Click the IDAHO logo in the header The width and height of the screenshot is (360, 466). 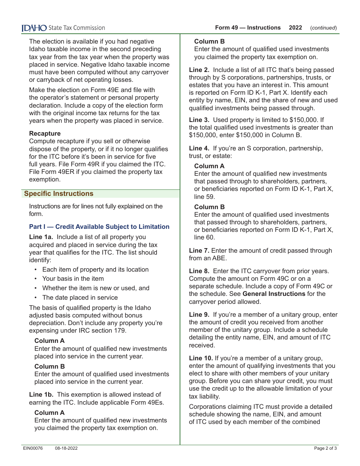(34, 28)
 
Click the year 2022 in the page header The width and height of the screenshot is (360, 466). (295, 28)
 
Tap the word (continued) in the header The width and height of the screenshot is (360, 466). (323, 28)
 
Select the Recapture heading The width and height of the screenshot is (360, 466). (45, 133)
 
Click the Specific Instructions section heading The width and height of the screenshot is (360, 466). (58, 194)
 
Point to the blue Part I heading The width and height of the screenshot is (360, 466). (99, 227)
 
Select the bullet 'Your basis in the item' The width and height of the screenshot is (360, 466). (73, 278)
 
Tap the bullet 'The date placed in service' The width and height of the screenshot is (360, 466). (80, 297)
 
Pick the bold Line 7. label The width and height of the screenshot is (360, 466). (199, 250)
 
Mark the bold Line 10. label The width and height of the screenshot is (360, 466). (200, 358)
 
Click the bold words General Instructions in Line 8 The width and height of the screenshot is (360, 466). (274, 294)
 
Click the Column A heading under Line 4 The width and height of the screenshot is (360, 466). (209, 166)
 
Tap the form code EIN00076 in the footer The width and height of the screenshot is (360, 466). (33, 448)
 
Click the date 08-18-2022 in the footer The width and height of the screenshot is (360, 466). (66, 448)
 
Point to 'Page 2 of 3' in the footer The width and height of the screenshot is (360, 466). (325, 448)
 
